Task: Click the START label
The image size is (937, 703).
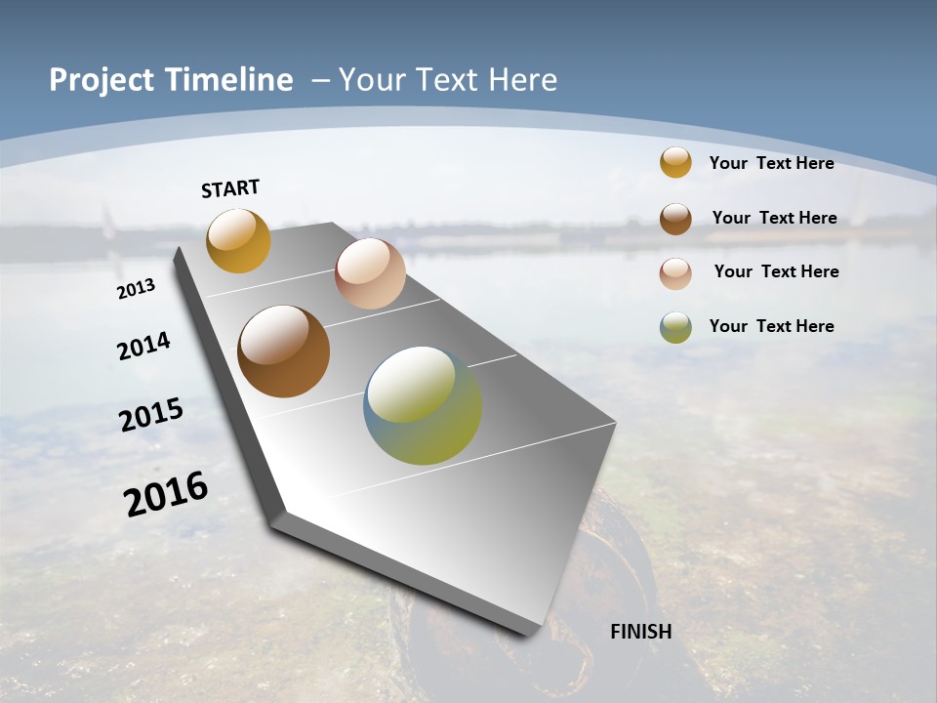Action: [x=230, y=188]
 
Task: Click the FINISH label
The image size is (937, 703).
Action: [x=640, y=631]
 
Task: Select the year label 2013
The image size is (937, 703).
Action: [x=137, y=289]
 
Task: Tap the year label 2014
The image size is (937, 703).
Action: [x=143, y=346]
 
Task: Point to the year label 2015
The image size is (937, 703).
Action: [x=151, y=414]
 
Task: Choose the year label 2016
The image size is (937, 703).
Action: [x=166, y=493]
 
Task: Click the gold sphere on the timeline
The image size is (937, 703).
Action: [x=238, y=241]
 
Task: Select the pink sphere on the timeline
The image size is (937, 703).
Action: [x=370, y=273]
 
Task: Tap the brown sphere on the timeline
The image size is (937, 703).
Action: [x=283, y=351]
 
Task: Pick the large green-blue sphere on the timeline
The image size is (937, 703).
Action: [x=423, y=405]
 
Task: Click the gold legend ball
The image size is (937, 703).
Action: [x=675, y=162]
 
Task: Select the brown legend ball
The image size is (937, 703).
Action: [x=675, y=219]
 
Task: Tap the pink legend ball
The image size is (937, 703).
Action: [x=675, y=273]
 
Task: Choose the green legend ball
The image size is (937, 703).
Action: [x=675, y=327]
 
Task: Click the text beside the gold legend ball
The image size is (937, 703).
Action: [x=771, y=163]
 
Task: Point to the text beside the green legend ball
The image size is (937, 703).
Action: [x=771, y=326]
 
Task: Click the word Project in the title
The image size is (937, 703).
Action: [x=101, y=80]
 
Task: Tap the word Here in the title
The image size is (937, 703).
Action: [x=522, y=80]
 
